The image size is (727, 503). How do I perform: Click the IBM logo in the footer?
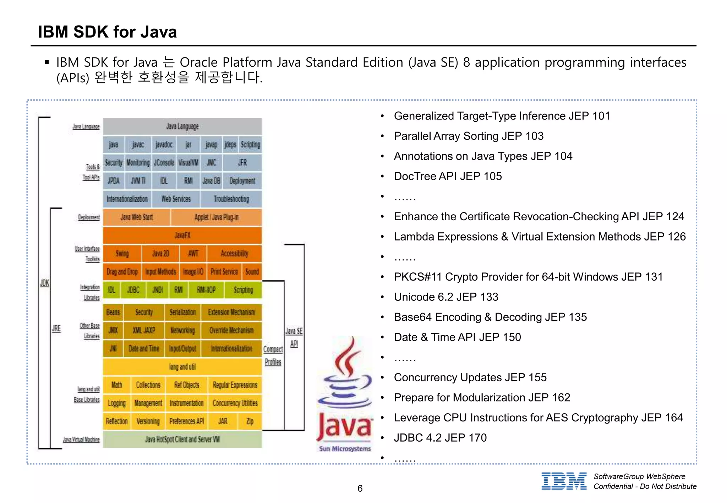pyautogui.click(x=564, y=481)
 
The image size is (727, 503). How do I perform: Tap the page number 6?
pyautogui.click(x=360, y=488)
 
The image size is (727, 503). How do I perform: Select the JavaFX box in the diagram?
pyautogui.click(x=182, y=235)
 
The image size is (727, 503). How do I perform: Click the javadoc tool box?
pyautogui.click(x=164, y=145)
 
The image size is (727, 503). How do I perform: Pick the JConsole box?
pyautogui.click(x=164, y=163)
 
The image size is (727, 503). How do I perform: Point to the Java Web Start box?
pyautogui.click(x=137, y=217)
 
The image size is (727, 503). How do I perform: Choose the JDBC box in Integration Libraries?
pyautogui.click(x=133, y=290)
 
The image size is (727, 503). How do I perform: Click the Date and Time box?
pyautogui.click(x=144, y=348)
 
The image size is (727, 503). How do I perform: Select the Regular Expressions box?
pyautogui.click(x=235, y=385)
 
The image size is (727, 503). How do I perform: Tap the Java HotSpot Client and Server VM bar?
pyautogui.click(x=182, y=439)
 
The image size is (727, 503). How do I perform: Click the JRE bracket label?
pyautogui.click(x=56, y=328)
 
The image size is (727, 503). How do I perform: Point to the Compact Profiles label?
pyautogui.click(x=273, y=355)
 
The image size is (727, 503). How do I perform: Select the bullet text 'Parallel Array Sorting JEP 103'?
pyautogui.click(x=468, y=136)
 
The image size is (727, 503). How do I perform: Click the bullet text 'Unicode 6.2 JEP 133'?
pyautogui.click(x=446, y=297)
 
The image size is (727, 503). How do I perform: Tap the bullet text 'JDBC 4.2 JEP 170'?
pyautogui.click(x=440, y=438)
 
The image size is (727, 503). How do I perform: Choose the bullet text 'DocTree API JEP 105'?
pyautogui.click(x=448, y=176)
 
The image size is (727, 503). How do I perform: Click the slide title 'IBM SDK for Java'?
pyautogui.click(x=107, y=32)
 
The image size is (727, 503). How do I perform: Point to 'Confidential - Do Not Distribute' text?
pyautogui.click(x=645, y=486)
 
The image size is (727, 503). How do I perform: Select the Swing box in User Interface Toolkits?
pyautogui.click(x=122, y=253)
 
